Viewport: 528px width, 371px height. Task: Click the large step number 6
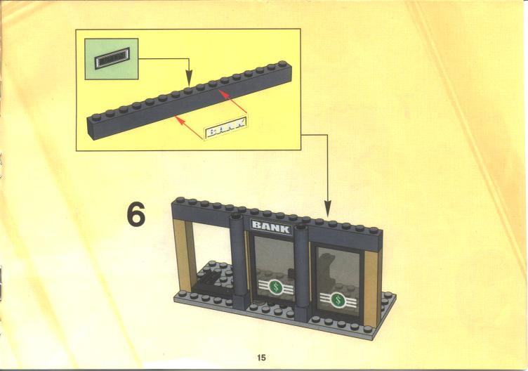click(x=136, y=214)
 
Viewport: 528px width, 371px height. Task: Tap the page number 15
click(x=261, y=358)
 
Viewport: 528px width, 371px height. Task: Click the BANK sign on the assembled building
click(x=271, y=227)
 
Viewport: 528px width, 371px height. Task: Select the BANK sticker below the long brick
click(x=225, y=129)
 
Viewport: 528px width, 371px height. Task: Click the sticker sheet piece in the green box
click(x=112, y=58)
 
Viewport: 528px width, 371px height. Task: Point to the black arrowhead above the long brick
click(x=189, y=77)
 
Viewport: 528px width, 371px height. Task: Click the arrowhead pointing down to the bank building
click(x=327, y=209)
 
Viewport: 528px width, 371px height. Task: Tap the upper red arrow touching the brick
click(x=233, y=101)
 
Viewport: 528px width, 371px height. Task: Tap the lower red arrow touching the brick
click(x=190, y=127)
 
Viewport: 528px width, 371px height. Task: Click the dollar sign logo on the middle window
click(x=276, y=287)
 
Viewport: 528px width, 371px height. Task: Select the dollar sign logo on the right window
click(x=337, y=299)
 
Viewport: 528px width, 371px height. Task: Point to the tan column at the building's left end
click(x=184, y=256)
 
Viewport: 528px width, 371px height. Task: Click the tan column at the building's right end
click(x=372, y=289)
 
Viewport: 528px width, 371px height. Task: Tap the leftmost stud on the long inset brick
click(x=96, y=117)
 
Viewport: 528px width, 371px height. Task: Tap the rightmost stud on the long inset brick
click(x=282, y=64)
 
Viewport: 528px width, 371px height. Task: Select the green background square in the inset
click(x=112, y=59)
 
